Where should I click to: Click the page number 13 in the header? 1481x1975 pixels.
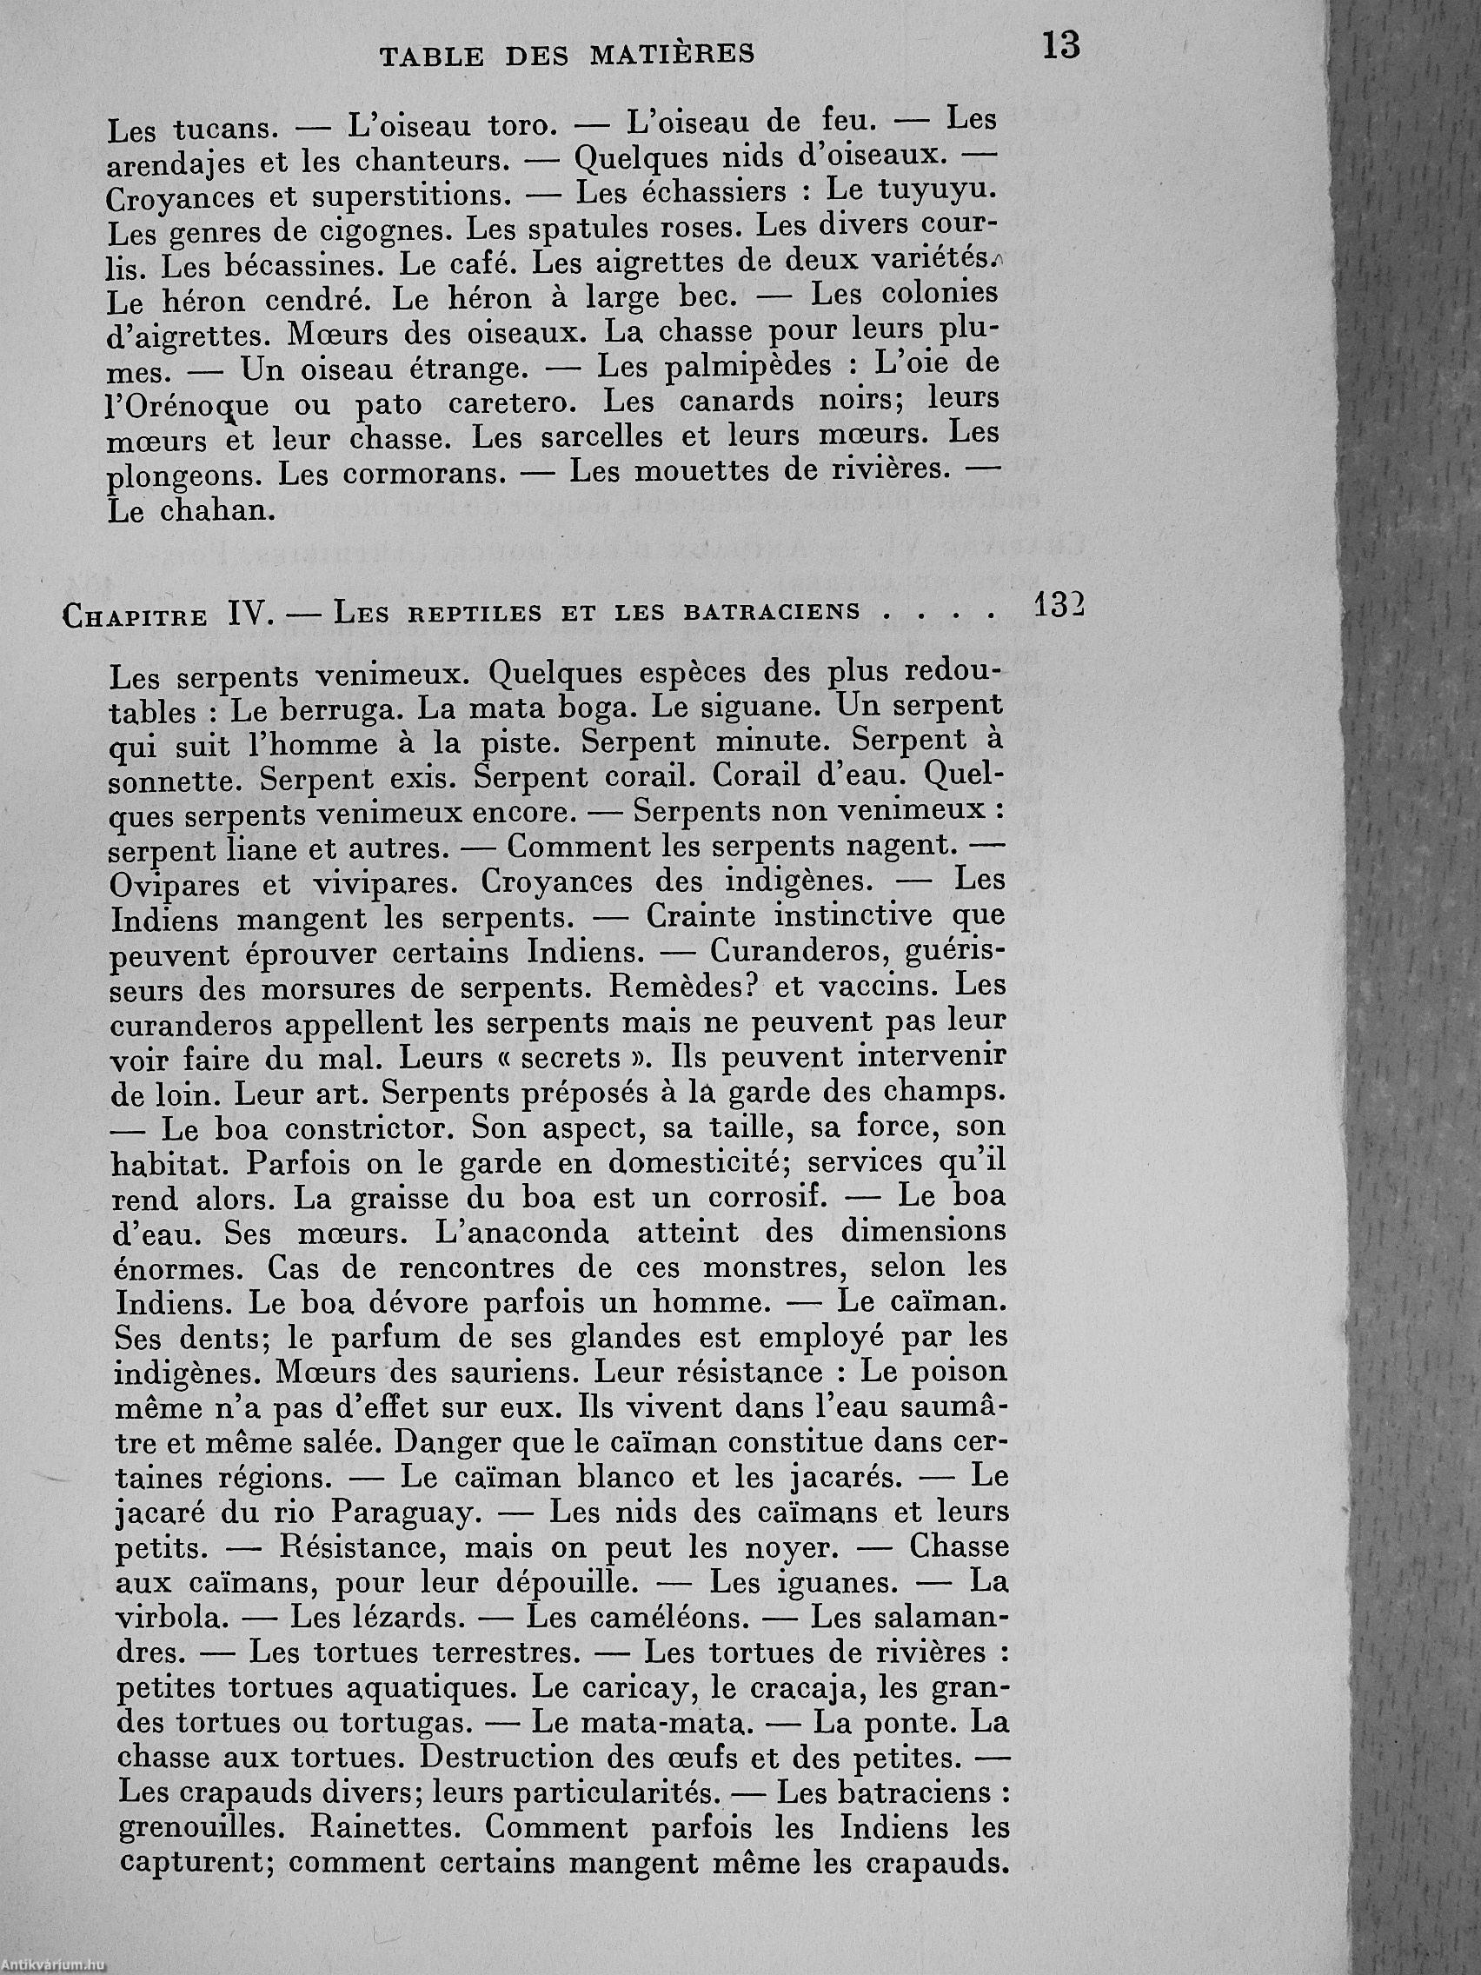coord(1059,45)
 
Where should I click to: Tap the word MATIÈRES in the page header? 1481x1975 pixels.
coord(672,56)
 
